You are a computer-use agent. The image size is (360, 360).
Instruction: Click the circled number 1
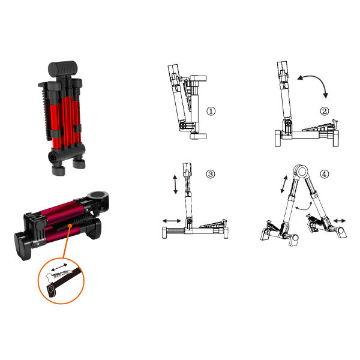click(x=211, y=112)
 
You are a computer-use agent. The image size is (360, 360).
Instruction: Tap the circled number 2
click(x=324, y=112)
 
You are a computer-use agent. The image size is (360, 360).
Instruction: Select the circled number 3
click(x=211, y=174)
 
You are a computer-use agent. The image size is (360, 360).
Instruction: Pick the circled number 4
click(x=324, y=174)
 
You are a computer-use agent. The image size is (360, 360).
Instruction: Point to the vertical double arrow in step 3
click(x=175, y=184)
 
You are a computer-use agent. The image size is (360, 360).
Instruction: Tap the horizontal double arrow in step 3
click(x=172, y=221)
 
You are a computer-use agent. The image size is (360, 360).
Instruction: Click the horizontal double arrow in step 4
click(x=340, y=221)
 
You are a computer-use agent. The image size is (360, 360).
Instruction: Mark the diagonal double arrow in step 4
click(x=284, y=184)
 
